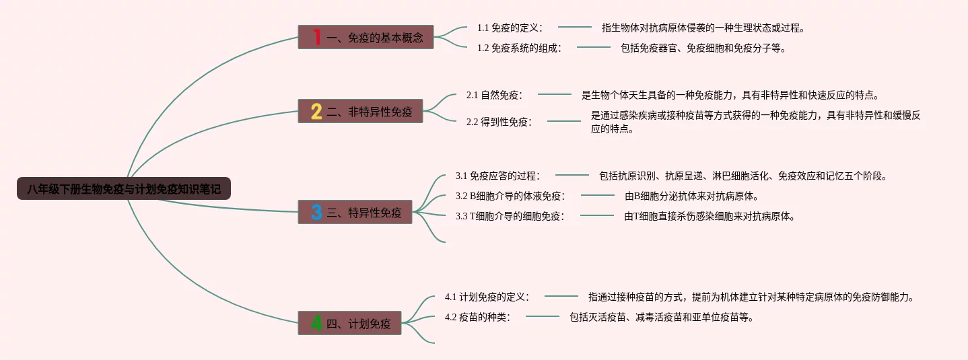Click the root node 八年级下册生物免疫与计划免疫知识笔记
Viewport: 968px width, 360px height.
point(124,189)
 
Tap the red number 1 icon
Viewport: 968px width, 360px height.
point(316,37)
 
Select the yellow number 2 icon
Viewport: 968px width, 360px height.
point(316,112)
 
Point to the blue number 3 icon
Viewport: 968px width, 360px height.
point(316,213)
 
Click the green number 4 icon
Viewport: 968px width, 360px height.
point(316,324)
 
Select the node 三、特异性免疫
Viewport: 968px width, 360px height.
point(364,213)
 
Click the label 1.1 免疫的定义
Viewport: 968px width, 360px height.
point(510,28)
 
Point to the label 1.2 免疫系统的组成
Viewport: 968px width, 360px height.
point(519,48)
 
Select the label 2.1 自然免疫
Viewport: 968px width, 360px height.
point(495,95)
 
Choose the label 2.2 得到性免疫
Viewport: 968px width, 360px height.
point(499,122)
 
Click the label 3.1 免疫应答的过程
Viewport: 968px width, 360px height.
point(497,176)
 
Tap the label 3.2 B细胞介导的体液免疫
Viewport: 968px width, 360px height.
point(510,196)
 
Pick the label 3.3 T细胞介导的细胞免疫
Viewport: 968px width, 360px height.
point(510,216)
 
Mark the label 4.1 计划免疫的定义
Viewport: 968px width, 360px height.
point(487,296)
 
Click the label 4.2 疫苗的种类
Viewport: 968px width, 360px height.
point(478,316)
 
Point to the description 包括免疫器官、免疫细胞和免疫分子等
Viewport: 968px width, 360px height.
point(703,48)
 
